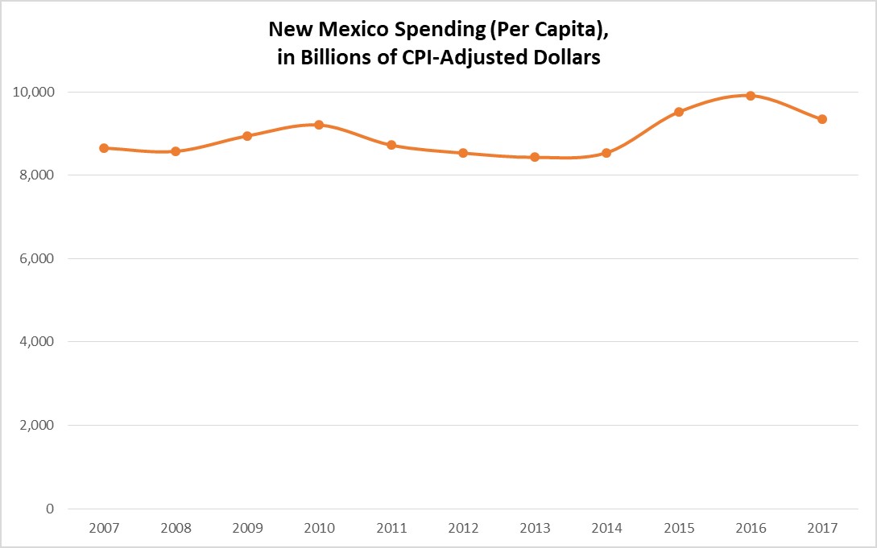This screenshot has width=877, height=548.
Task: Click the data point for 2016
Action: pyautogui.click(x=751, y=96)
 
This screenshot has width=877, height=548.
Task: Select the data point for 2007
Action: pyautogui.click(x=104, y=148)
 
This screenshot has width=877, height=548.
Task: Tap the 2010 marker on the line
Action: pyautogui.click(x=319, y=125)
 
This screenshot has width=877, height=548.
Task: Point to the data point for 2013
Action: pyautogui.click(x=535, y=157)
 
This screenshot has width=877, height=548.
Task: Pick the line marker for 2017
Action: pyautogui.click(x=822, y=119)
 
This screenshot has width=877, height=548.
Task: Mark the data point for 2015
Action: pyautogui.click(x=679, y=112)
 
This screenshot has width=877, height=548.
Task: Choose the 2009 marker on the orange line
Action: pyautogui.click(x=247, y=136)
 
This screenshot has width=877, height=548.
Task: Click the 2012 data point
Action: pyautogui.click(x=463, y=153)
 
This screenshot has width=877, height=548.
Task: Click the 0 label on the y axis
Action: pyautogui.click(x=52, y=509)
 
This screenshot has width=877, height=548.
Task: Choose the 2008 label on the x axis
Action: pyautogui.click(x=176, y=529)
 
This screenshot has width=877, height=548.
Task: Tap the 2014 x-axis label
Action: pyautogui.click(x=606, y=529)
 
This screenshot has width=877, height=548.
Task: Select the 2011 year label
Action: pyautogui.click(x=391, y=529)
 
